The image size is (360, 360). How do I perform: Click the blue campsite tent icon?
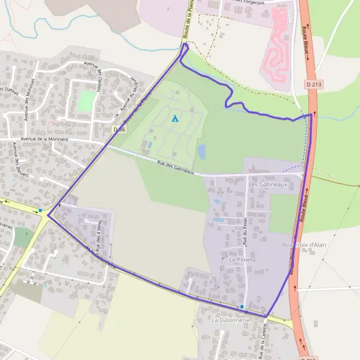175,118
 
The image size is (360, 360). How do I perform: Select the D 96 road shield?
119,129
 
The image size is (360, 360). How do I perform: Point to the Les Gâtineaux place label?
268,185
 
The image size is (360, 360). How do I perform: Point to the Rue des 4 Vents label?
98,231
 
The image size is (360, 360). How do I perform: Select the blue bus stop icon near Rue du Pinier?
242,307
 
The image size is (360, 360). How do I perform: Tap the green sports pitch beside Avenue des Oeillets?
88,101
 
